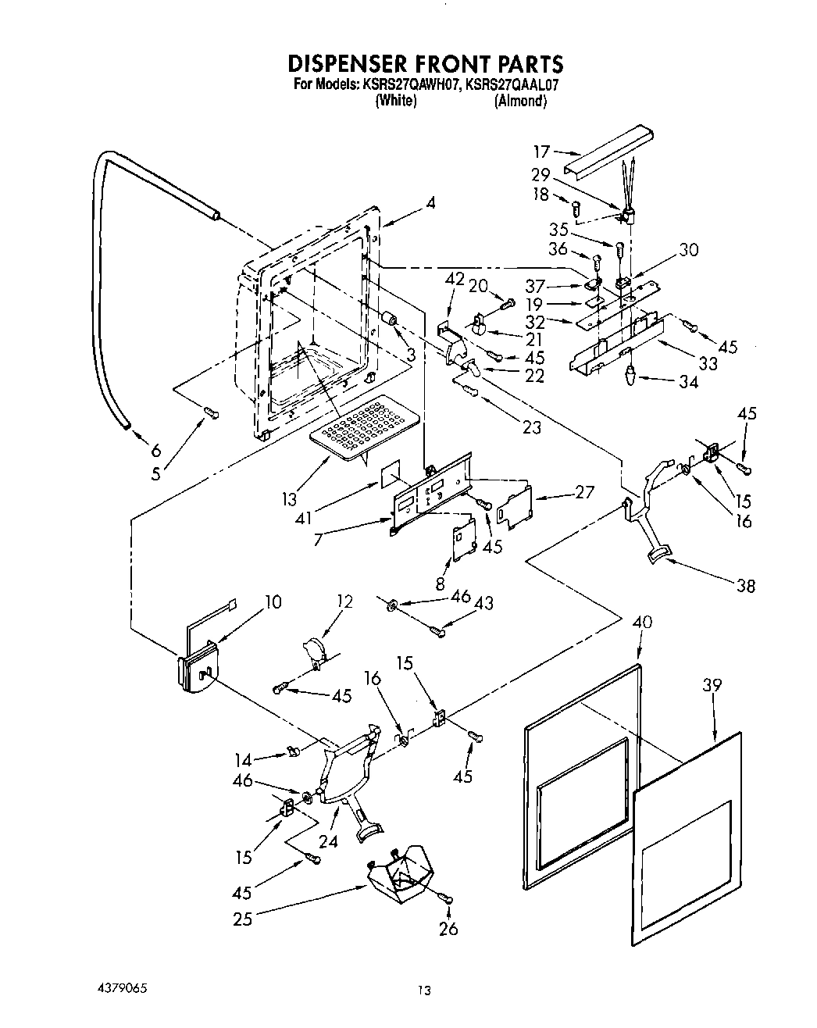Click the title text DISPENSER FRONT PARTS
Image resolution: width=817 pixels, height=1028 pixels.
(425, 62)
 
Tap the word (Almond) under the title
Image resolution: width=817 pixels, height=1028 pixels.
(520, 102)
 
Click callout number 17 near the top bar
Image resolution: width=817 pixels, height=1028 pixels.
(542, 152)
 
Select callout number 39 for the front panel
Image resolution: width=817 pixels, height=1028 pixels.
(712, 685)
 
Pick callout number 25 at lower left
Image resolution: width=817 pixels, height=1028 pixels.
(243, 919)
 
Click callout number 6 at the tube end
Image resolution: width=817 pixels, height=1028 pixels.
(156, 450)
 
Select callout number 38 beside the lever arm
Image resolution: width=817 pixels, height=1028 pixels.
(746, 585)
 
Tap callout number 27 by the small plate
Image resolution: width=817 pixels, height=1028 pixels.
(583, 491)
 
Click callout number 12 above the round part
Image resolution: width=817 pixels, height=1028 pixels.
(344, 601)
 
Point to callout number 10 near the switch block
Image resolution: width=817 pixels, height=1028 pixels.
(273, 601)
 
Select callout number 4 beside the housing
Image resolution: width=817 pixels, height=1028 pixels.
(430, 203)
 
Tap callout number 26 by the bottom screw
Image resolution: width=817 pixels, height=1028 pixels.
(448, 929)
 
